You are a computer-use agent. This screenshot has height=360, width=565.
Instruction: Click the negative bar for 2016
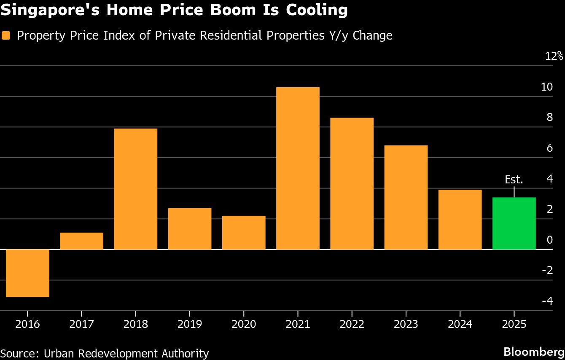click(x=27, y=273)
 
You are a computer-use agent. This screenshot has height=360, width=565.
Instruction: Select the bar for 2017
click(x=81, y=241)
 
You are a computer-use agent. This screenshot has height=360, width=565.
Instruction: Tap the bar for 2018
click(x=135, y=189)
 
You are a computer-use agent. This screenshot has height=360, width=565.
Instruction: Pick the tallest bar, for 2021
click(x=298, y=168)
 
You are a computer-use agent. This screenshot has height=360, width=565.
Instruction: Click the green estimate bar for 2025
click(x=514, y=223)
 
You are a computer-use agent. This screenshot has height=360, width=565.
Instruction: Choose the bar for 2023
click(x=406, y=197)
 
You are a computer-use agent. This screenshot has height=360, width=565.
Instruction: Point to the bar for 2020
click(x=244, y=232)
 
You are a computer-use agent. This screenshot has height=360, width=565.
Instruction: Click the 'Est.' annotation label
click(x=514, y=180)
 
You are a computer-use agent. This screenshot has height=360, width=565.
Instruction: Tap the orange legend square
click(x=6, y=36)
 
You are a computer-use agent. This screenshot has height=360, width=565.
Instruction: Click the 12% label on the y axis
click(x=554, y=56)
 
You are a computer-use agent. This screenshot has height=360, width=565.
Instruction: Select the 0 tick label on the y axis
click(x=549, y=240)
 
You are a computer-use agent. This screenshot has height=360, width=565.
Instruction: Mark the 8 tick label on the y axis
click(x=549, y=118)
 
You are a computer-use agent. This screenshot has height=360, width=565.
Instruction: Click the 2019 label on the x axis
click(x=190, y=324)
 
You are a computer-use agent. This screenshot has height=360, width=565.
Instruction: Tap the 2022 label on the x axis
click(x=352, y=324)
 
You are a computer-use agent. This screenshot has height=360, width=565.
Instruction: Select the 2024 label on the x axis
click(x=460, y=324)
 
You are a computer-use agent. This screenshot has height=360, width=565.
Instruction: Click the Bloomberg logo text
click(x=534, y=352)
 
